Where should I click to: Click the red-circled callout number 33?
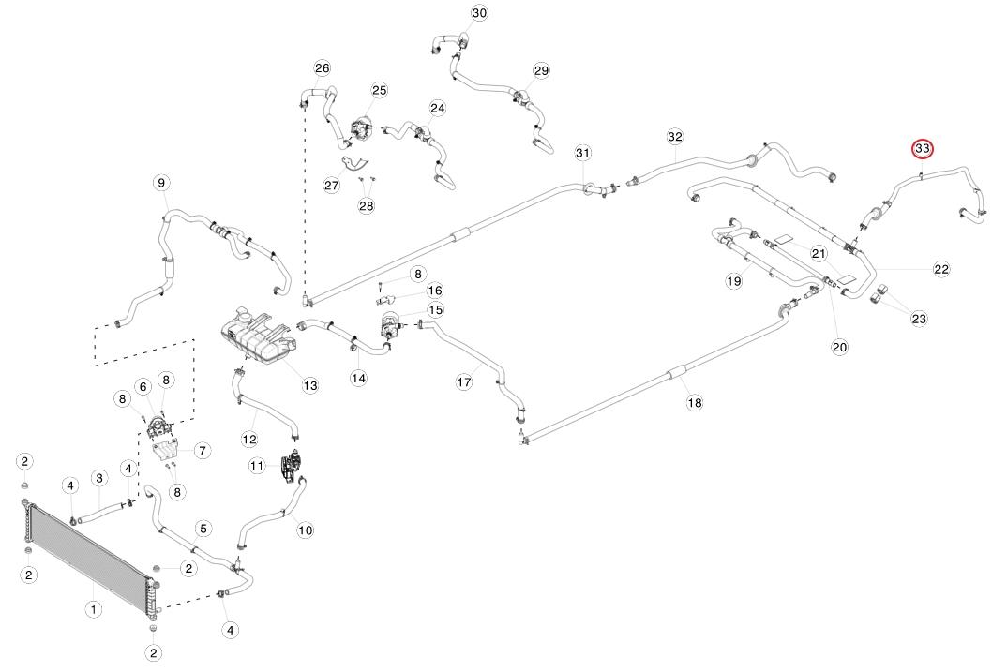pyautogui.click(x=923, y=149)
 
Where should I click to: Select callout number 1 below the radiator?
pyautogui.click(x=94, y=610)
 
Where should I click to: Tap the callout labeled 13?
pyautogui.click(x=310, y=385)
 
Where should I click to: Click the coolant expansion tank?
pyautogui.click(x=255, y=333)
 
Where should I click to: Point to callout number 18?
pyautogui.click(x=694, y=402)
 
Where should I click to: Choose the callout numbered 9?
pyautogui.click(x=161, y=182)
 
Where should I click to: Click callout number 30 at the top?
pyautogui.click(x=479, y=13)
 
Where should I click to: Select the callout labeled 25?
pyautogui.click(x=379, y=90)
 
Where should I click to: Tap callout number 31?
pyautogui.click(x=583, y=153)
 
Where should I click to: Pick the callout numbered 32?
pyautogui.click(x=675, y=137)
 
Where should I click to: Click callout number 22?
pyautogui.click(x=941, y=269)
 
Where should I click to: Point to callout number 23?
pyautogui.click(x=919, y=319)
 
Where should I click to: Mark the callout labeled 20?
pyautogui.click(x=839, y=347)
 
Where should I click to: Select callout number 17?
pyautogui.click(x=463, y=382)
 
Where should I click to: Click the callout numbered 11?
pyautogui.click(x=257, y=466)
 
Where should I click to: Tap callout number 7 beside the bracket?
pyautogui.click(x=202, y=451)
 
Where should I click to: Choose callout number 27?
pyautogui.click(x=331, y=186)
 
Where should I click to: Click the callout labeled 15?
pyautogui.click(x=436, y=309)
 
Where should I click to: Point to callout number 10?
pyautogui.click(x=305, y=530)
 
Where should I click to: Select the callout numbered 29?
pyautogui.click(x=541, y=71)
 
